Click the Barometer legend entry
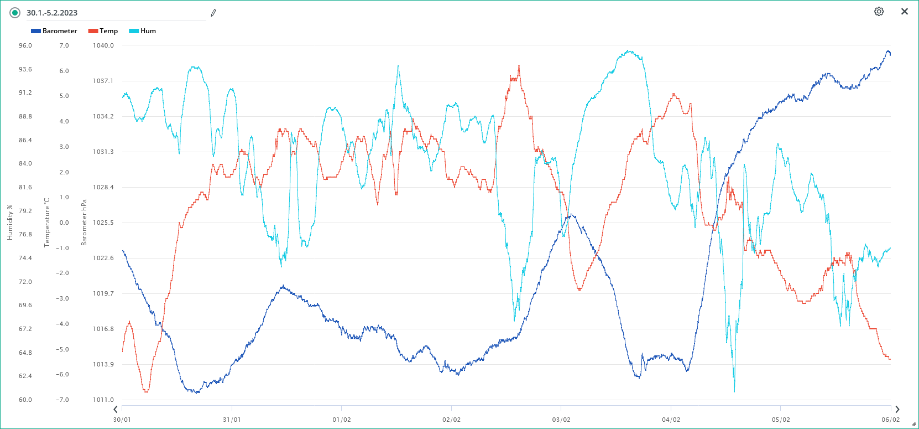click(x=54, y=31)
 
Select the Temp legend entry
click(x=103, y=31)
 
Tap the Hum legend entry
click(x=143, y=31)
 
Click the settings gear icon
click(x=879, y=12)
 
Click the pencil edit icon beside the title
click(x=213, y=13)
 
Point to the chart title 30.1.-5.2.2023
click(x=52, y=13)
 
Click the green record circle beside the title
click(x=15, y=13)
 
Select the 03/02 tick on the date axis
click(x=561, y=420)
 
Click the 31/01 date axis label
click(x=232, y=420)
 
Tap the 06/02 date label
click(x=890, y=420)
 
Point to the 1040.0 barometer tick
click(x=103, y=45)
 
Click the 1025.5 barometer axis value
click(x=103, y=223)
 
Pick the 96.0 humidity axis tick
click(x=25, y=45)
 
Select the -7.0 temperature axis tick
click(x=64, y=400)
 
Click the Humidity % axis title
click(x=9, y=222)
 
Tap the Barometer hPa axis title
click(x=84, y=222)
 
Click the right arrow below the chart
click(x=897, y=410)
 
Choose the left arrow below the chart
click(x=116, y=410)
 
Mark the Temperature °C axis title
click(x=47, y=222)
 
